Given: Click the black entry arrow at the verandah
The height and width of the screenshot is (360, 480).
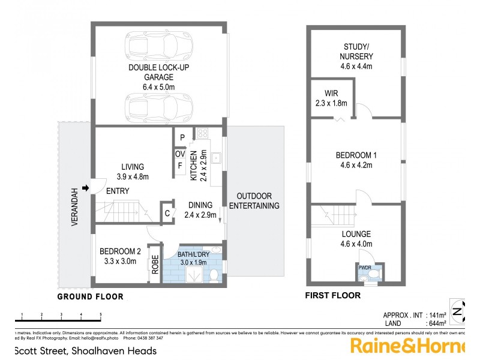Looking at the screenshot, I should [x=85, y=188].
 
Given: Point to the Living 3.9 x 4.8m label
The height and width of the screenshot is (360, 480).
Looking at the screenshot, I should [x=133, y=172].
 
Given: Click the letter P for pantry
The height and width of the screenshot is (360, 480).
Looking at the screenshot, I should [x=182, y=137].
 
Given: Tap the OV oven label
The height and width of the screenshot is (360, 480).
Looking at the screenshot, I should [x=179, y=154].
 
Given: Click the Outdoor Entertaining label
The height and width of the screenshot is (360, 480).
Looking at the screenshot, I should [x=258, y=201].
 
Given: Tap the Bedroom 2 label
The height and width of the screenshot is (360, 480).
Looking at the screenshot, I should [x=121, y=256].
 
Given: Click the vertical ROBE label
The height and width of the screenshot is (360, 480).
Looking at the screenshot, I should [x=155, y=263].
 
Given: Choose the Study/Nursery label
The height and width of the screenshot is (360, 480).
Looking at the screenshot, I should [x=357, y=56].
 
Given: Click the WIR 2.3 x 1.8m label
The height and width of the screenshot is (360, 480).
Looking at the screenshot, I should [x=331, y=98].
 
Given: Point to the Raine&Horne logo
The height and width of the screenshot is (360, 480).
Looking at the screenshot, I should [x=408, y=346].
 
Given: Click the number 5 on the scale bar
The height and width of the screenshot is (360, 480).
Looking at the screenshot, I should [x=100, y=314].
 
